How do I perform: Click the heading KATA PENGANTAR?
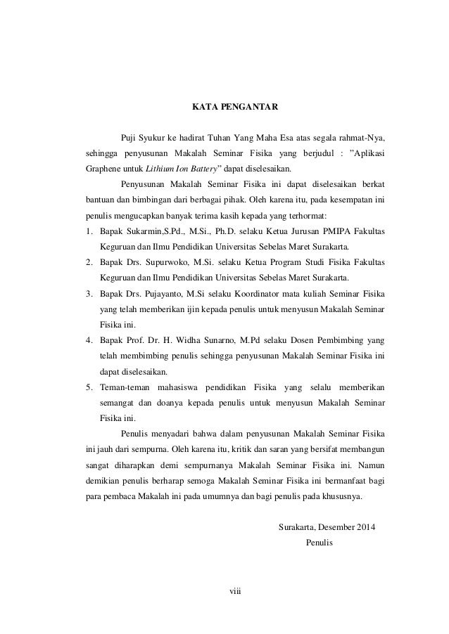236,108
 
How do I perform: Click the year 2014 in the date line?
362,526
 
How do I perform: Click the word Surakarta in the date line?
298,526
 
